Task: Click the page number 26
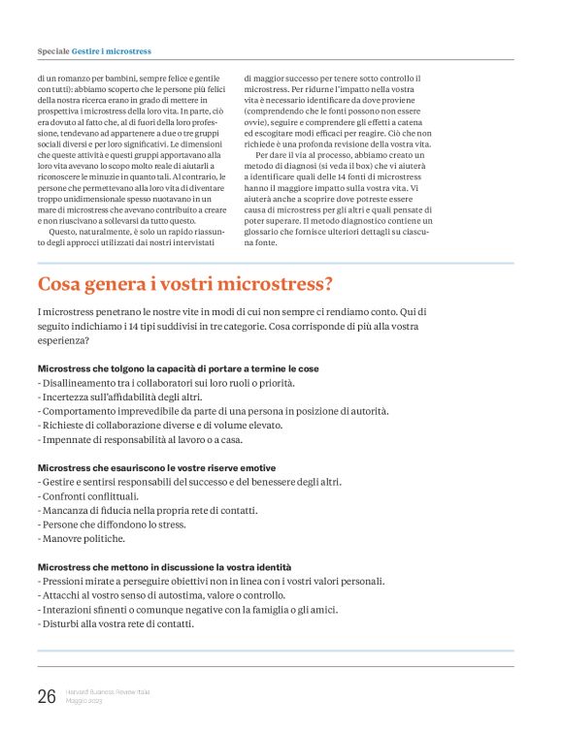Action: pyautogui.click(x=46, y=696)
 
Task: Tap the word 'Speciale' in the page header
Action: pyautogui.click(x=52, y=50)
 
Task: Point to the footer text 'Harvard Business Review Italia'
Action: pyautogui.click(x=108, y=691)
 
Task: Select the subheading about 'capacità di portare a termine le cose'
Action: pyautogui.click(x=178, y=369)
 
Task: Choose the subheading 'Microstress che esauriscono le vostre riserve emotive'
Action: pyautogui.click(x=156, y=468)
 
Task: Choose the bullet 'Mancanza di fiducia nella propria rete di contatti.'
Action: pyautogui.click(x=148, y=510)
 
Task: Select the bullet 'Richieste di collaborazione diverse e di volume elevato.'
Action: pyautogui.click(x=160, y=426)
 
